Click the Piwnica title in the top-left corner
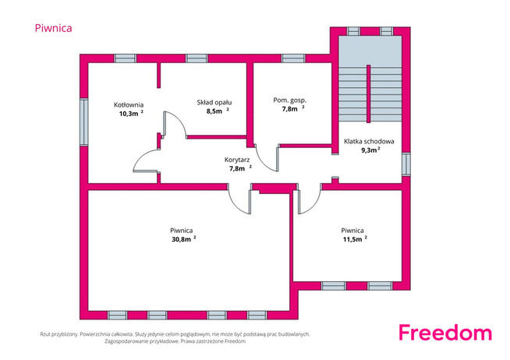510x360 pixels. pyautogui.click(x=53, y=28)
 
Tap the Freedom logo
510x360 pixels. pyautogui.click(x=445, y=333)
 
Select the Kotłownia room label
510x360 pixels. pyautogui.click(x=129, y=104)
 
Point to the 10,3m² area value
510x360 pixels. pyautogui.click(x=132, y=114)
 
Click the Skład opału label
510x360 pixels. pyautogui.click(x=214, y=103)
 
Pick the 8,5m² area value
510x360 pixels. pyautogui.click(x=218, y=111)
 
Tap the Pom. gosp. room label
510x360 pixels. pyautogui.click(x=290, y=101)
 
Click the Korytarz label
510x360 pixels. pyautogui.click(x=237, y=160)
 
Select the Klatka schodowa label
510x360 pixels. pyautogui.click(x=369, y=141)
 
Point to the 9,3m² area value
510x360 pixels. pyautogui.click(x=370, y=150)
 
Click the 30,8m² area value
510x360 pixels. pyautogui.click(x=184, y=239)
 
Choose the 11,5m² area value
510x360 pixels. pyautogui.click(x=355, y=239)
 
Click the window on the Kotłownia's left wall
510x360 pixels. pyautogui.click(x=84, y=122)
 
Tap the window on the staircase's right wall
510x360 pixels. pyautogui.click(x=406, y=164)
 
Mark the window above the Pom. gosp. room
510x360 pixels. pyautogui.click(x=293, y=58)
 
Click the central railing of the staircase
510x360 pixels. pyautogui.click(x=369, y=94)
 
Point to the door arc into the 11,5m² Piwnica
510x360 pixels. pyautogui.click(x=313, y=206)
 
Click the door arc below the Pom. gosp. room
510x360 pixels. pyautogui.click(x=264, y=163)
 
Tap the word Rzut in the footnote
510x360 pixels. pyautogui.click(x=45, y=334)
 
